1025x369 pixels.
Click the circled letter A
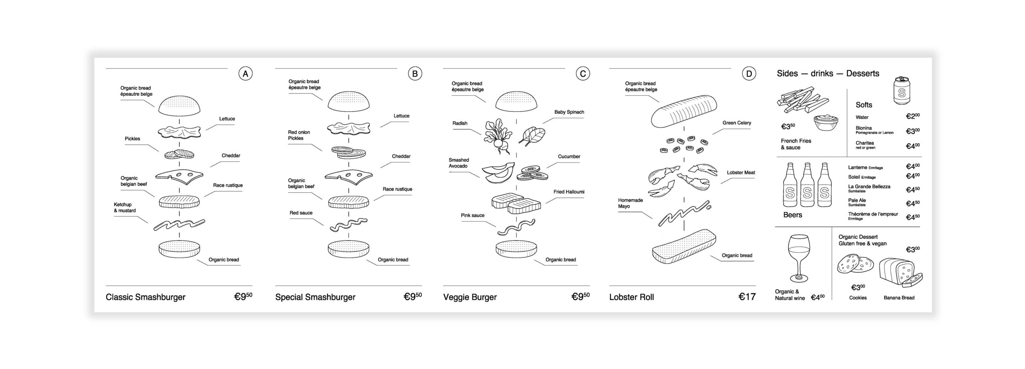pos(245,74)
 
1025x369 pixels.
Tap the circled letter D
pos(749,74)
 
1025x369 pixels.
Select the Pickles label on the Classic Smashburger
pos(133,139)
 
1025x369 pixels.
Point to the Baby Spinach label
pos(569,112)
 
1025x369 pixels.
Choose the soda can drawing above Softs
pos(901,91)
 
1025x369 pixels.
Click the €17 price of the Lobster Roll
pos(747,297)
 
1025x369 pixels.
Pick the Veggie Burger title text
pos(470,297)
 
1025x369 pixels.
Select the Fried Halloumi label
pos(569,192)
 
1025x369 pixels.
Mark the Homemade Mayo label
pos(630,203)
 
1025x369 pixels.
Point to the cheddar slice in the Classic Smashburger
pos(179,175)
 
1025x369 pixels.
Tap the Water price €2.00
pos(912,117)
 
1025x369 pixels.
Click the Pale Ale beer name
pos(857,200)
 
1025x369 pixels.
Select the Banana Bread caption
pos(899,298)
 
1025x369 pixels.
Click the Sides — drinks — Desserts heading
pos(828,73)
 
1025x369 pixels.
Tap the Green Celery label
pos(737,123)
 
